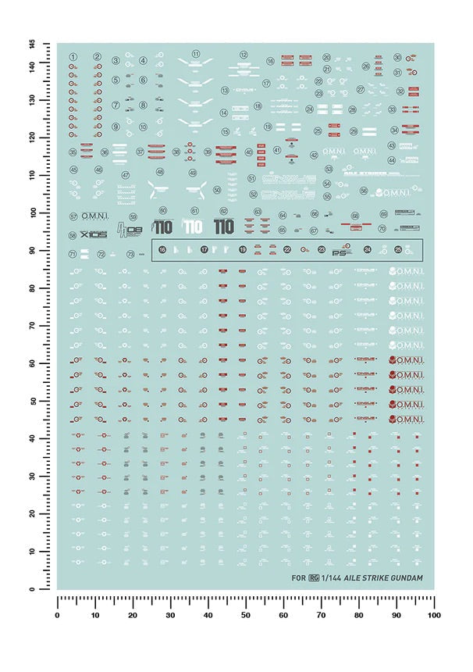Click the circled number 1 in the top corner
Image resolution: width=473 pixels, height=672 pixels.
(x=73, y=57)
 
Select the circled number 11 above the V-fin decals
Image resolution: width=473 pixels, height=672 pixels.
(x=196, y=55)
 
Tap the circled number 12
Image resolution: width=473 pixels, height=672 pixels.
(x=244, y=55)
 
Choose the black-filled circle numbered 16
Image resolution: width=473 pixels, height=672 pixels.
(x=162, y=250)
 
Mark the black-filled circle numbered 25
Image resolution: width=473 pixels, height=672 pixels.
(x=398, y=250)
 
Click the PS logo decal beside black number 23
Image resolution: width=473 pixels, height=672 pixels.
(x=337, y=252)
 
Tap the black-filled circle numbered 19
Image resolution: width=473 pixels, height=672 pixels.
(x=243, y=250)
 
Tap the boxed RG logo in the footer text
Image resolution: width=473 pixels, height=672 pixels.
(x=315, y=579)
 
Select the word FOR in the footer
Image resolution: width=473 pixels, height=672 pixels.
(x=297, y=579)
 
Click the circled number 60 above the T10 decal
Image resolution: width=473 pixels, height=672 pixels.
(x=162, y=211)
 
